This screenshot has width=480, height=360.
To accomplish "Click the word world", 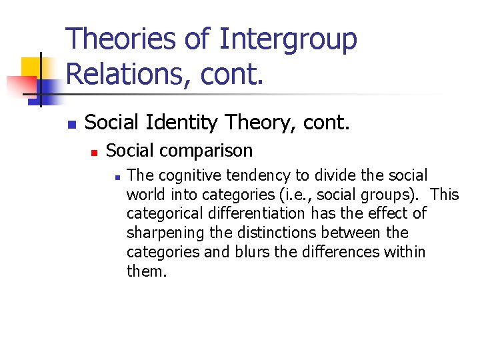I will tap(142, 195).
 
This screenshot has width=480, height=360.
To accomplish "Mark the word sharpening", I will tap(159, 233).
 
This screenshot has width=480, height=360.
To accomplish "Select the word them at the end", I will tap(145, 271).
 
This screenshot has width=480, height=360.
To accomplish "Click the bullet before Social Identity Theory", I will tap(72, 124).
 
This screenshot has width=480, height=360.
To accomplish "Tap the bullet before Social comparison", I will tap(95, 153).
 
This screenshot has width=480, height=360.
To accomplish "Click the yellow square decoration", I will tap(31, 67).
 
